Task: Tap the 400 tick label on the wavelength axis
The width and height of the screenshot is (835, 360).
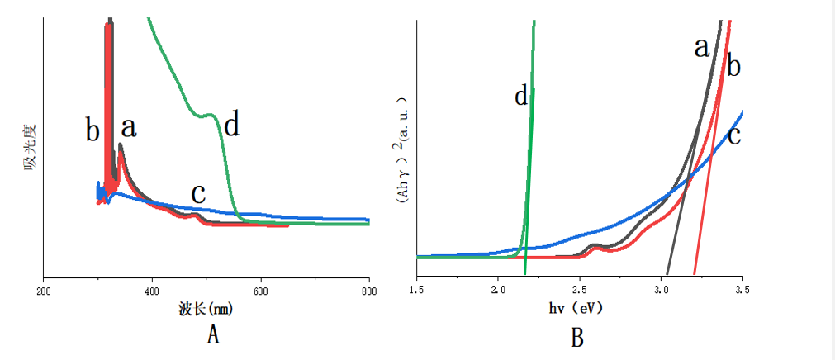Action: click(152, 291)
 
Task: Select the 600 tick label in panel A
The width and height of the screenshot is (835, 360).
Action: click(261, 291)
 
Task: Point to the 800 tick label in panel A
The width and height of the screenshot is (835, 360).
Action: click(368, 291)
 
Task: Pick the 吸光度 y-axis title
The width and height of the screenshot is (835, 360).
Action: click(31, 149)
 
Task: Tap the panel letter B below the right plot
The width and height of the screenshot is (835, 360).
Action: click(576, 337)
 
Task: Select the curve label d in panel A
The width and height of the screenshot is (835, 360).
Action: click(232, 125)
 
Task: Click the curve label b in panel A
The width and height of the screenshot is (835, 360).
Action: click(93, 130)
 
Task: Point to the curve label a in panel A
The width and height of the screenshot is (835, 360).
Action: click(129, 127)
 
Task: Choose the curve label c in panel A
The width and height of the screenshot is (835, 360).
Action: click(198, 192)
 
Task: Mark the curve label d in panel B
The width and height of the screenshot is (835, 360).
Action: click(520, 97)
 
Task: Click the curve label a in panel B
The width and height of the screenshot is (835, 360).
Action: click(702, 48)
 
